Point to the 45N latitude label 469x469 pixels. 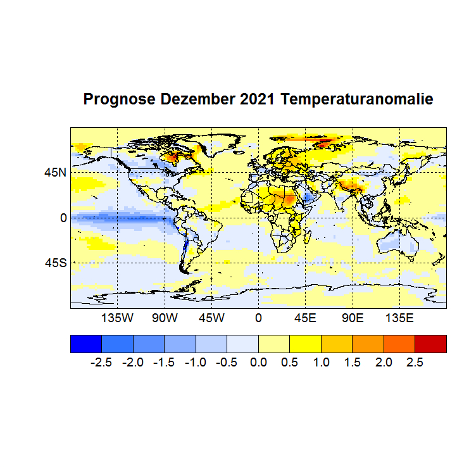54,172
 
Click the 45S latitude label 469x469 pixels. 54,263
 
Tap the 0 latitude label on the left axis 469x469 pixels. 63,218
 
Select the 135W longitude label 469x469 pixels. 118,317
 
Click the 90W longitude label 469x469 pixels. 165,317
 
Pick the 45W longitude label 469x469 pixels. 211,317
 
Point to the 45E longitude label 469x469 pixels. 305,317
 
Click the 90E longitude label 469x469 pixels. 352,317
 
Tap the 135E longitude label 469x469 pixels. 399,317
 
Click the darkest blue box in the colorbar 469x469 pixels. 85,343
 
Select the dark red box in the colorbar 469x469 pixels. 430,343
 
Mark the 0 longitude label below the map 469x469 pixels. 258,317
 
